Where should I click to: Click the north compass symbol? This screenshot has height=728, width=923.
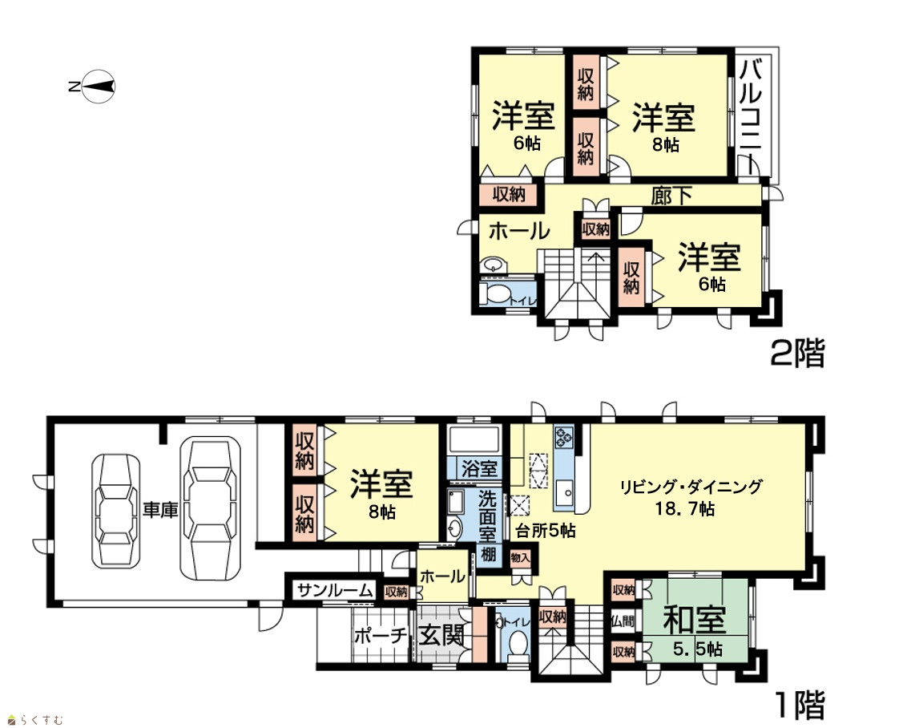tap(94, 87)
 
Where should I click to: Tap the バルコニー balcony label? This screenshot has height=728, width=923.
tap(751, 116)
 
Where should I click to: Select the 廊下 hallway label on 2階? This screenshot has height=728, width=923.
tap(671, 196)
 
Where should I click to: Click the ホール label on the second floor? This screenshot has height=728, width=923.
tap(519, 231)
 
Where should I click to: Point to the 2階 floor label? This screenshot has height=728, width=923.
tap(798, 353)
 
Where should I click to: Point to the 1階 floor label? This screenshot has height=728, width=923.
tap(800, 705)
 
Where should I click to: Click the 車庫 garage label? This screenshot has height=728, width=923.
tap(160, 510)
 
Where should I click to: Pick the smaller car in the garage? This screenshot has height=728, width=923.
tap(116, 511)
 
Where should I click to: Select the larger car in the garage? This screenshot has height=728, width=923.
tap(210, 508)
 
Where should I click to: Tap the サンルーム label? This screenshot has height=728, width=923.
tap(335, 590)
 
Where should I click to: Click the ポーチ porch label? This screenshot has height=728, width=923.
tap(381, 636)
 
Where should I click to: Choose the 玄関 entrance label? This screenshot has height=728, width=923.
tap(441, 636)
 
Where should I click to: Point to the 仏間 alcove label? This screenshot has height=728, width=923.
tap(623, 621)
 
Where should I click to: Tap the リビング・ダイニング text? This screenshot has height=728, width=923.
tap(691, 487)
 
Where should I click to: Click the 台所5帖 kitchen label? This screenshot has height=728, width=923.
tap(546, 531)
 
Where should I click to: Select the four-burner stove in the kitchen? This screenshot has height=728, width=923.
tap(563, 437)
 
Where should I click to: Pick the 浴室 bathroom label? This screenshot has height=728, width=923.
tap(479, 469)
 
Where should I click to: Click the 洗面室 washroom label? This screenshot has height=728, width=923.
tap(488, 516)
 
